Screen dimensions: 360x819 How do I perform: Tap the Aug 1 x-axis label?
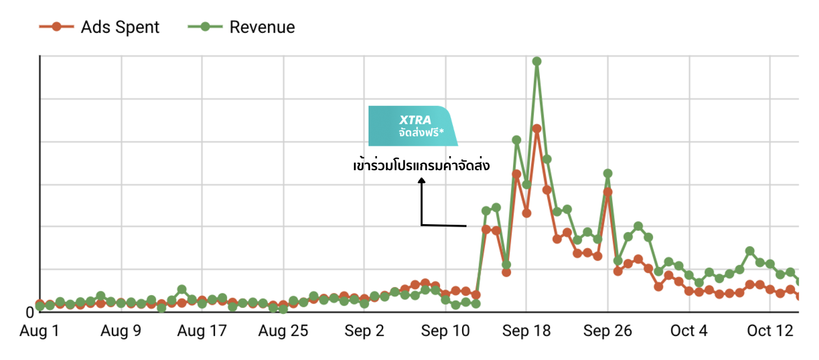tap(40, 331)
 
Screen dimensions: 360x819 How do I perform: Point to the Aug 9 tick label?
tap(121, 331)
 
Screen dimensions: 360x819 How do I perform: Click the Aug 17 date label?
tap(201, 331)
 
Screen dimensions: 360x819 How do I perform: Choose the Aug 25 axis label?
tap(283, 331)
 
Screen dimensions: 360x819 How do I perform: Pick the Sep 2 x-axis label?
tap(364, 331)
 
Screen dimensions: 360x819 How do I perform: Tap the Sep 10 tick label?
tap(445, 331)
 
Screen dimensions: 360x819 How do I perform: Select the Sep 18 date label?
tap(526, 331)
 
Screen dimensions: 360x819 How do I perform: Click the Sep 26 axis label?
tap(607, 331)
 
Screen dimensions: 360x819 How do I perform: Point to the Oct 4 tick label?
tap(689, 331)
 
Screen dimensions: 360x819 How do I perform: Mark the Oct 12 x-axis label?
tap(769, 331)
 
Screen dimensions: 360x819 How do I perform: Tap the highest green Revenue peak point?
tap(537, 61)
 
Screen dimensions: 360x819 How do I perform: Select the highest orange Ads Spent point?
tap(537, 129)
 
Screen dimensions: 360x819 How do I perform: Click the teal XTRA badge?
tap(413, 126)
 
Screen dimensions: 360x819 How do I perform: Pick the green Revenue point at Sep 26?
tap(608, 173)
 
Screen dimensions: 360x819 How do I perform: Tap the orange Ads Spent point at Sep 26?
tap(608, 192)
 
